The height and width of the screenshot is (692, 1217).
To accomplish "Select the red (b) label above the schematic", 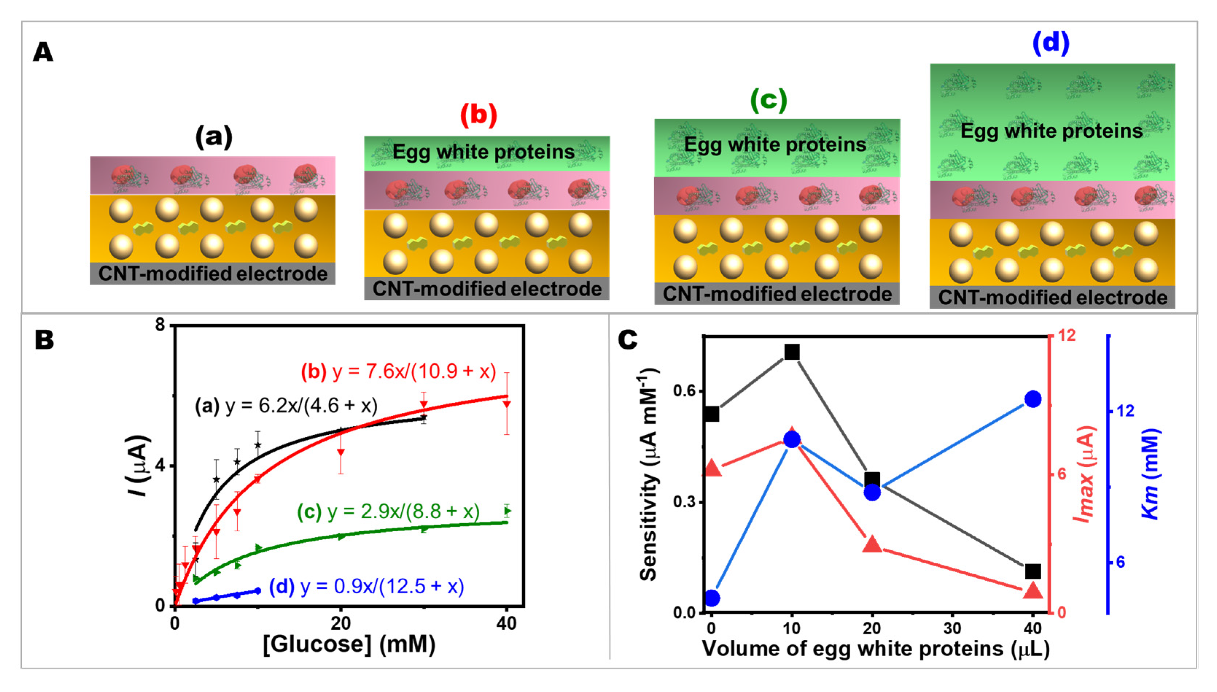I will (478, 115).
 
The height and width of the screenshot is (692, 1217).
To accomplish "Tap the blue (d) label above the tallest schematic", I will (1050, 43).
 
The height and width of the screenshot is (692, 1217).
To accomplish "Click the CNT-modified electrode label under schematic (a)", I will (212, 274).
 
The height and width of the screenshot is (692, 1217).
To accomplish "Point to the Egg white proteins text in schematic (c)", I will (775, 144).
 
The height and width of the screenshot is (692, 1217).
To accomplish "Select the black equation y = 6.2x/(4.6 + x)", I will (286, 406).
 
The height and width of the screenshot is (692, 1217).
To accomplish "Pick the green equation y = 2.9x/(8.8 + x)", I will (389, 511).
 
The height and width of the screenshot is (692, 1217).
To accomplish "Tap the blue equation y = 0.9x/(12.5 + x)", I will (367, 586).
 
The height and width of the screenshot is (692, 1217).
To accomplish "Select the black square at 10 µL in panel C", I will (792, 352).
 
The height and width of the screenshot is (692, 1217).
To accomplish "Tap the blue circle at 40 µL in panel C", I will (1033, 399).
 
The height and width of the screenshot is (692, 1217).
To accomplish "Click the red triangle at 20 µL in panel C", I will (872, 545).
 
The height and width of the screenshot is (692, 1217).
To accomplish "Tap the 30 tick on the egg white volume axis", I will (952, 628).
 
